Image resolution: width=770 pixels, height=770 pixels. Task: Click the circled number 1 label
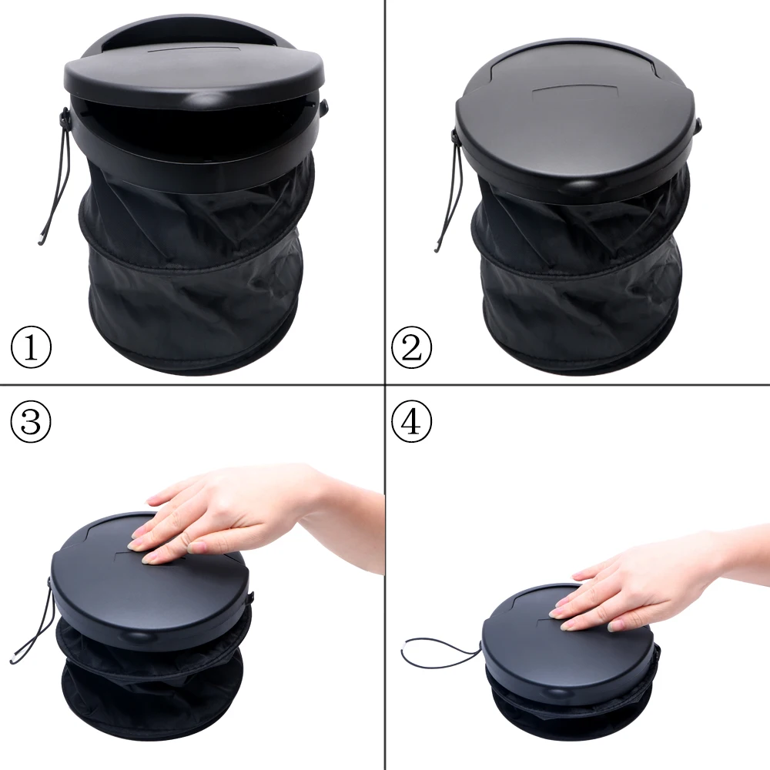pos(31,348)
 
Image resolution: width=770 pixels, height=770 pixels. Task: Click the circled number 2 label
pos(412,348)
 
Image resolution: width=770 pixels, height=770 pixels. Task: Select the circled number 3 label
pos(31,421)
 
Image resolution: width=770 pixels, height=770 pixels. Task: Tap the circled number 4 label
pos(412,421)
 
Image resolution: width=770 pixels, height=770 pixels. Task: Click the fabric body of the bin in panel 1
pos(192,285)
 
